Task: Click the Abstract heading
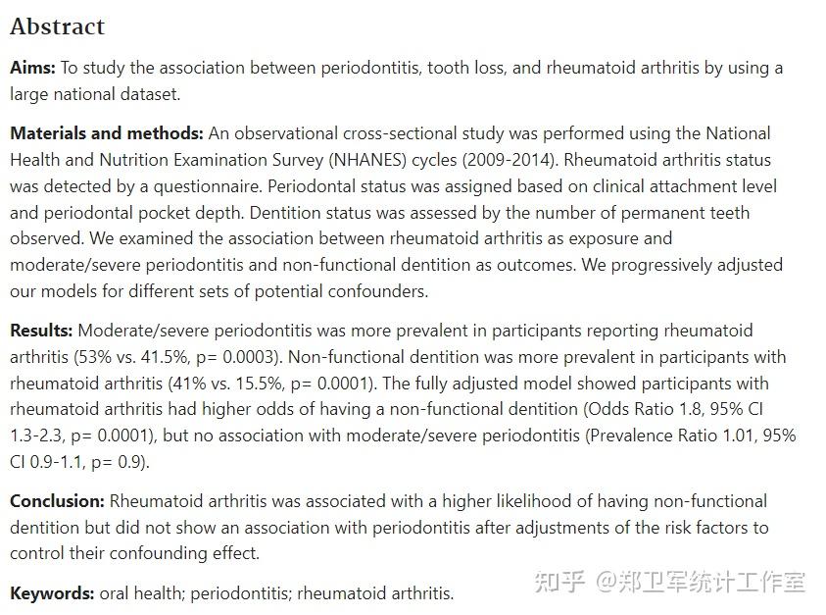tap(57, 26)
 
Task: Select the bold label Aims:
tap(33, 68)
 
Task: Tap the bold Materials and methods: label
tap(107, 133)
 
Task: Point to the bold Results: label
tap(42, 331)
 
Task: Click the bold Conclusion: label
tap(57, 501)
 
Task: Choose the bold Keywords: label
tap(52, 592)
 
